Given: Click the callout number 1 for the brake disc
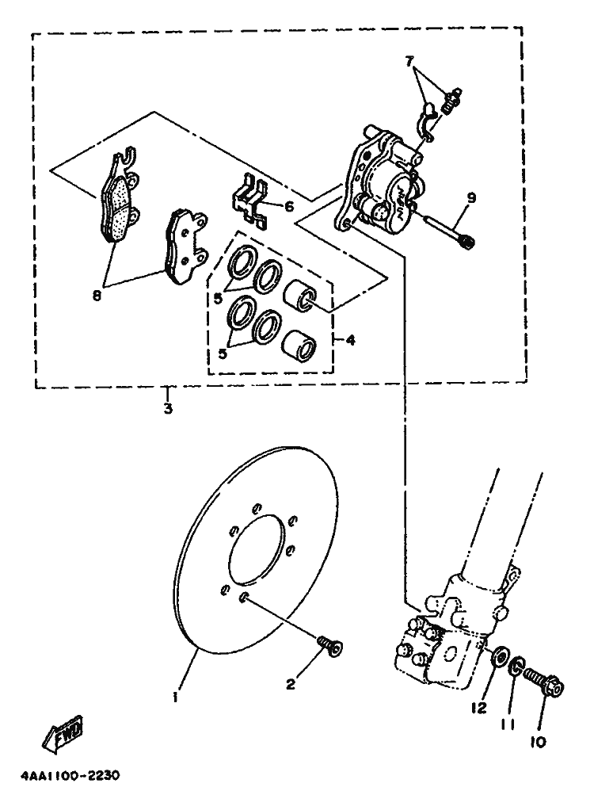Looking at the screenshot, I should pos(176,697).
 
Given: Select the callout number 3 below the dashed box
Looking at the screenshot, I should pos(167,409).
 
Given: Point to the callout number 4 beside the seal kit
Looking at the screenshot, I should pos(350,340).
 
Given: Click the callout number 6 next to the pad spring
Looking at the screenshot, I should pos(288,207).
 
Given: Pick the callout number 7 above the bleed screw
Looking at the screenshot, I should pos(409,61).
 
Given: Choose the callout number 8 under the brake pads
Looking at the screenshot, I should pos(97,296).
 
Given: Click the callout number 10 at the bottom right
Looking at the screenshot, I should pos(539,742).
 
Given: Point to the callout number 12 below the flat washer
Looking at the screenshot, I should pos(480,705).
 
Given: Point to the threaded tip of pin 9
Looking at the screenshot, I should pos(468,241).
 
